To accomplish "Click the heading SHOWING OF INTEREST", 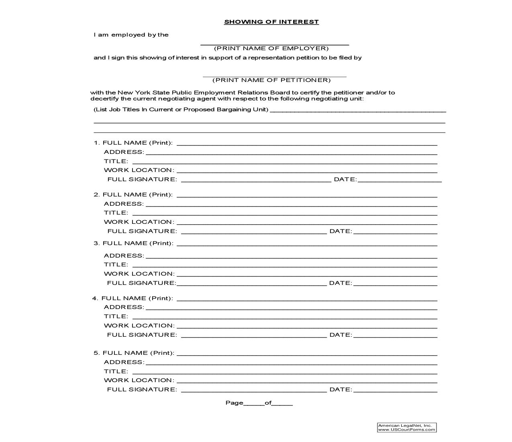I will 271,22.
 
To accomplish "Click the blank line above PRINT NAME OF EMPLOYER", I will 274,43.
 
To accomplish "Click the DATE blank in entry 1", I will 400,180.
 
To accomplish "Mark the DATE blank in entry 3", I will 395,284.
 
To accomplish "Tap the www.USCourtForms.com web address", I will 406,430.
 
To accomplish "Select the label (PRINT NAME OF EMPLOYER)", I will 271,48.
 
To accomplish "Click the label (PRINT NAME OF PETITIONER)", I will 271,80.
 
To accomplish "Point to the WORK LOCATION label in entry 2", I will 139,222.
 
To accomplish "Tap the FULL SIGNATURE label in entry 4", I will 142,335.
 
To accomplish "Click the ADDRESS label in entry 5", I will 124,362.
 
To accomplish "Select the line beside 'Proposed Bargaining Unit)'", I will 358,110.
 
